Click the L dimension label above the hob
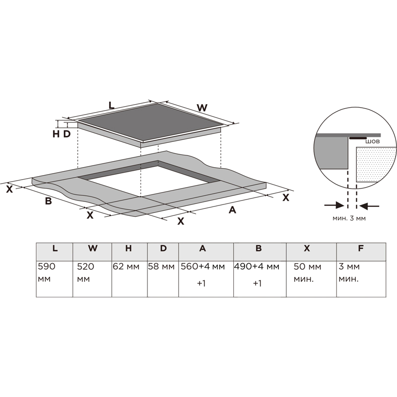click(111, 105)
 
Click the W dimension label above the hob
click(202, 108)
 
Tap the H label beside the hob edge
click(56, 134)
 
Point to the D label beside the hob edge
click(67, 134)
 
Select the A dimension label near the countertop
click(232, 209)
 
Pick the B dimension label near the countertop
click(48, 201)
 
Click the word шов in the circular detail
click(373, 141)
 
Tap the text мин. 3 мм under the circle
click(349, 218)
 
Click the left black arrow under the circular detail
click(334, 205)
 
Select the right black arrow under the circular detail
click(369, 206)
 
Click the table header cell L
click(55, 252)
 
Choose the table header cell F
click(361, 252)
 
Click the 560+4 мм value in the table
click(202, 266)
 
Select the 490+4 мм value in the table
click(257, 266)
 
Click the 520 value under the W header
click(85, 266)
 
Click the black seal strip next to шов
click(358, 138)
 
